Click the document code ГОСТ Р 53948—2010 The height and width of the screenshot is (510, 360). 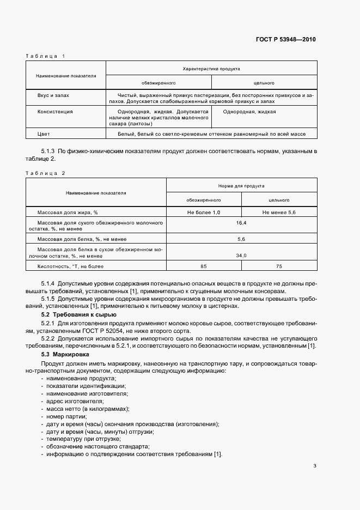(286, 39)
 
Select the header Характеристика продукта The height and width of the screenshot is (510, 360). (211, 69)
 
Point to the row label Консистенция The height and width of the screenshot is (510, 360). (54, 111)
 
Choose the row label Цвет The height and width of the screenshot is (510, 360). (43, 133)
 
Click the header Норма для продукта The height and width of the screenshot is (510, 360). (242, 186)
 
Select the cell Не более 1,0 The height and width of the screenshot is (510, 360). (204, 212)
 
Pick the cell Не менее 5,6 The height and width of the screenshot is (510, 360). (279, 212)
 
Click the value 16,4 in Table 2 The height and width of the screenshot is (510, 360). (241, 223)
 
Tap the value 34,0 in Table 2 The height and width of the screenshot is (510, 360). (241, 255)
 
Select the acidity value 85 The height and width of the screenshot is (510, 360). (204, 266)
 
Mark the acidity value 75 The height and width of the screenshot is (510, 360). (279, 266)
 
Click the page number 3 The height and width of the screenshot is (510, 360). (315, 465)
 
